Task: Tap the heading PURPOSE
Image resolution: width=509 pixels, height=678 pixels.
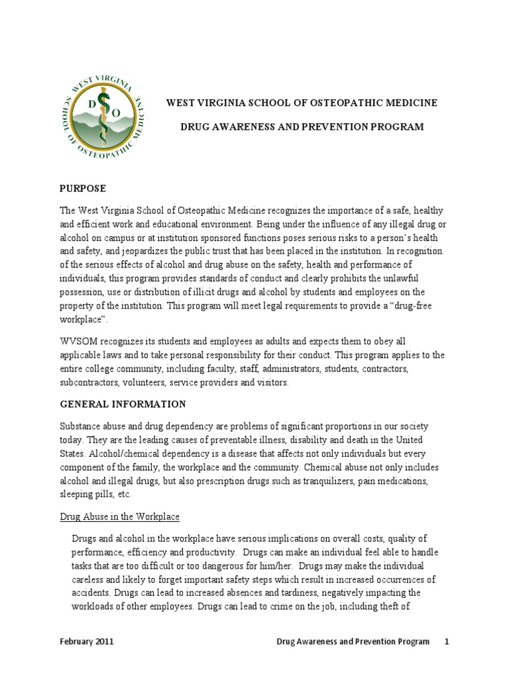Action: (x=82, y=189)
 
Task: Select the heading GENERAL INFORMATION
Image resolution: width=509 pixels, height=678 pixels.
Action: (x=123, y=404)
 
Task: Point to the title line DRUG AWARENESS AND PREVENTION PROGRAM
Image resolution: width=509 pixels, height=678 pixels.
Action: (x=302, y=126)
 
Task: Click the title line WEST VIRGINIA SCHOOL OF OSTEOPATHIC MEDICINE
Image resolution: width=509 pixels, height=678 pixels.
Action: (x=301, y=103)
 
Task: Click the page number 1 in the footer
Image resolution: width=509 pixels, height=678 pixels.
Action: (x=447, y=642)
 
